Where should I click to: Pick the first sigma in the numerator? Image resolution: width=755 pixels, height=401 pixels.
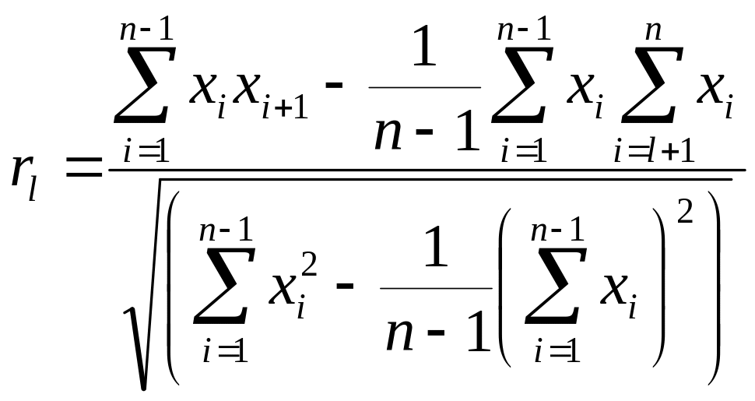[x=141, y=85]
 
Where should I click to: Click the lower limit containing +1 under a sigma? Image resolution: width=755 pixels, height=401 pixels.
[x=655, y=151]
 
